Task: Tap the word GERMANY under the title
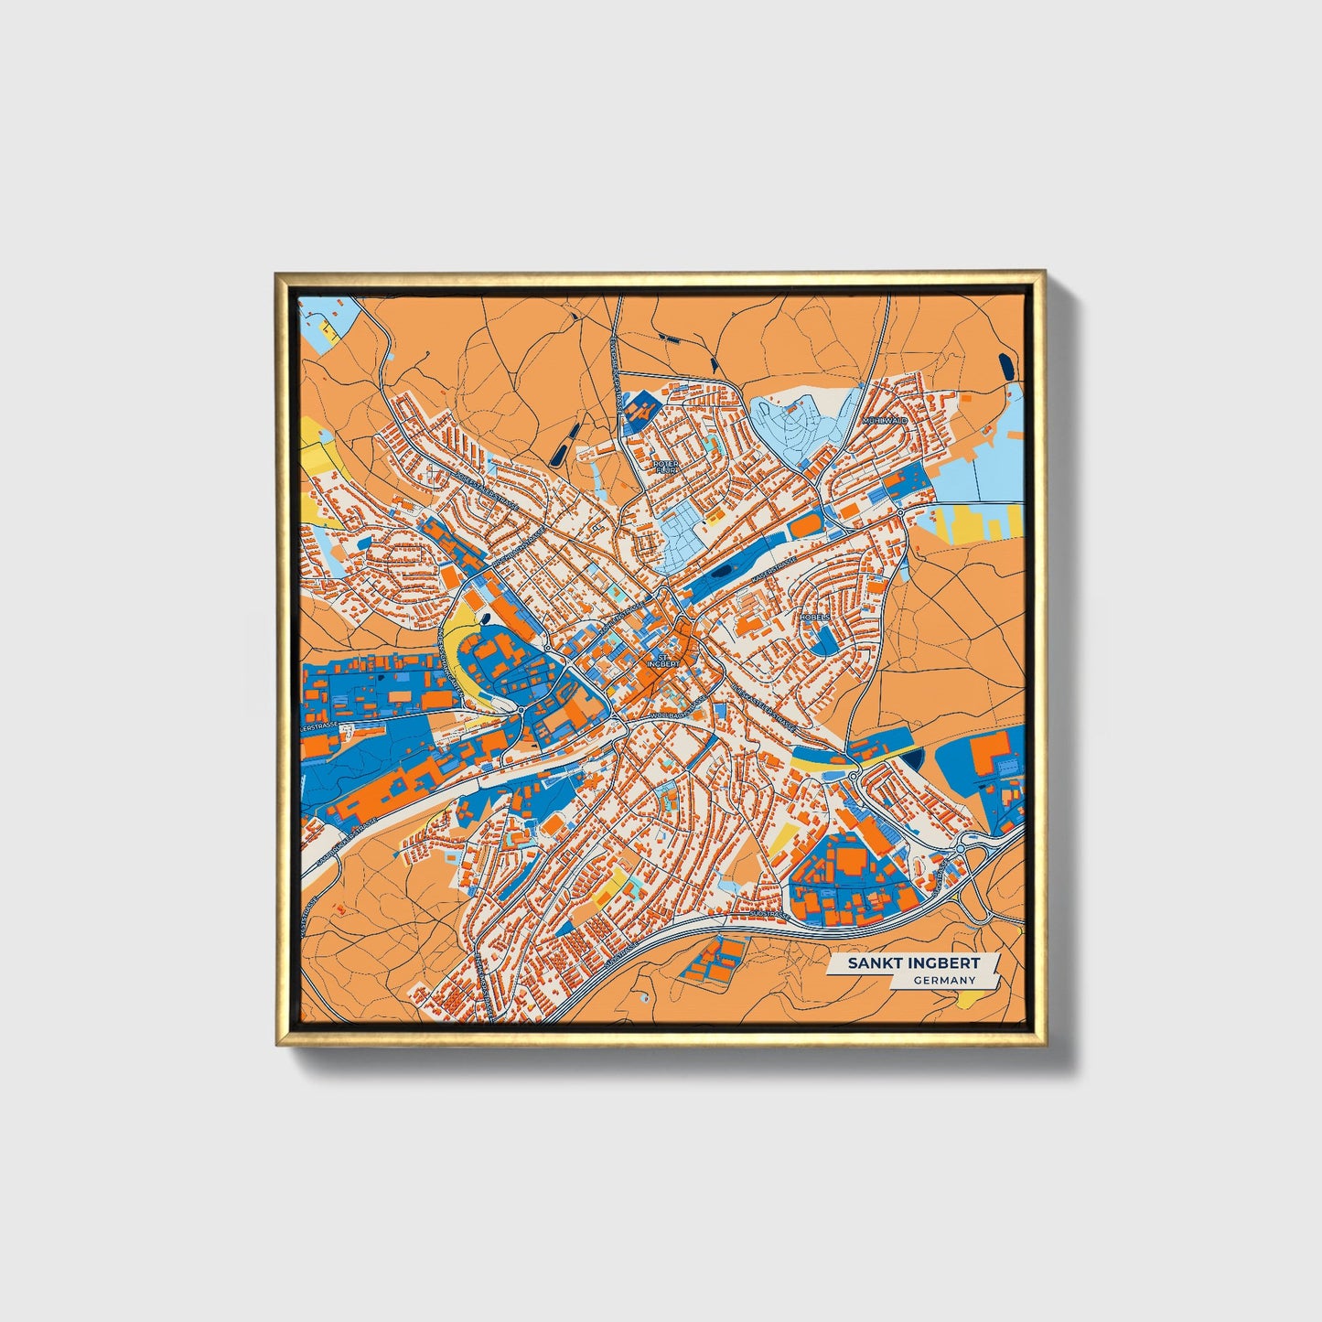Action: (x=944, y=980)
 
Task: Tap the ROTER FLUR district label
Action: (x=666, y=467)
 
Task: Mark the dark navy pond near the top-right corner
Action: (x=1006, y=367)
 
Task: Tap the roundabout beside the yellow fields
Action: (x=901, y=513)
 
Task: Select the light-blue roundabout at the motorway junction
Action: (x=961, y=850)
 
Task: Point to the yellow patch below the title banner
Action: (x=963, y=1004)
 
